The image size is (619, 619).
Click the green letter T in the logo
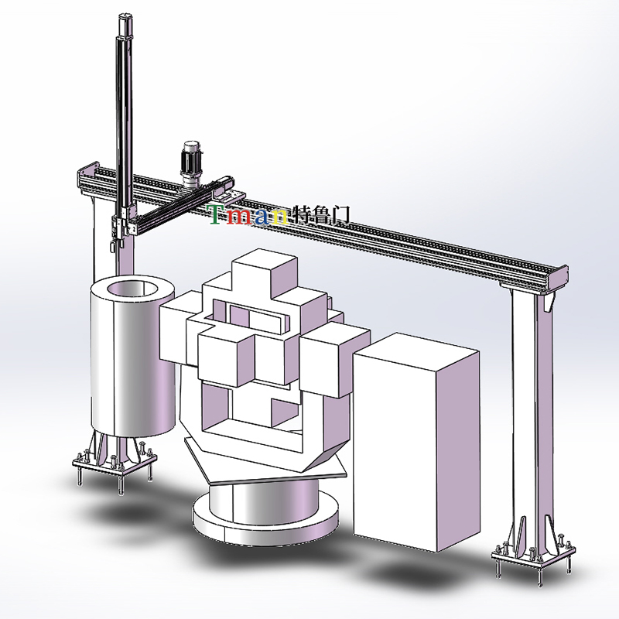click(x=217, y=214)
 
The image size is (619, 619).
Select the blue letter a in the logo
click(x=262, y=217)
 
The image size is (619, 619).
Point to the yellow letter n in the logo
click(x=279, y=217)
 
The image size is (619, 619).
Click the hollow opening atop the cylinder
click(x=132, y=288)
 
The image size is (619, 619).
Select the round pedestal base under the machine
click(x=265, y=513)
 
